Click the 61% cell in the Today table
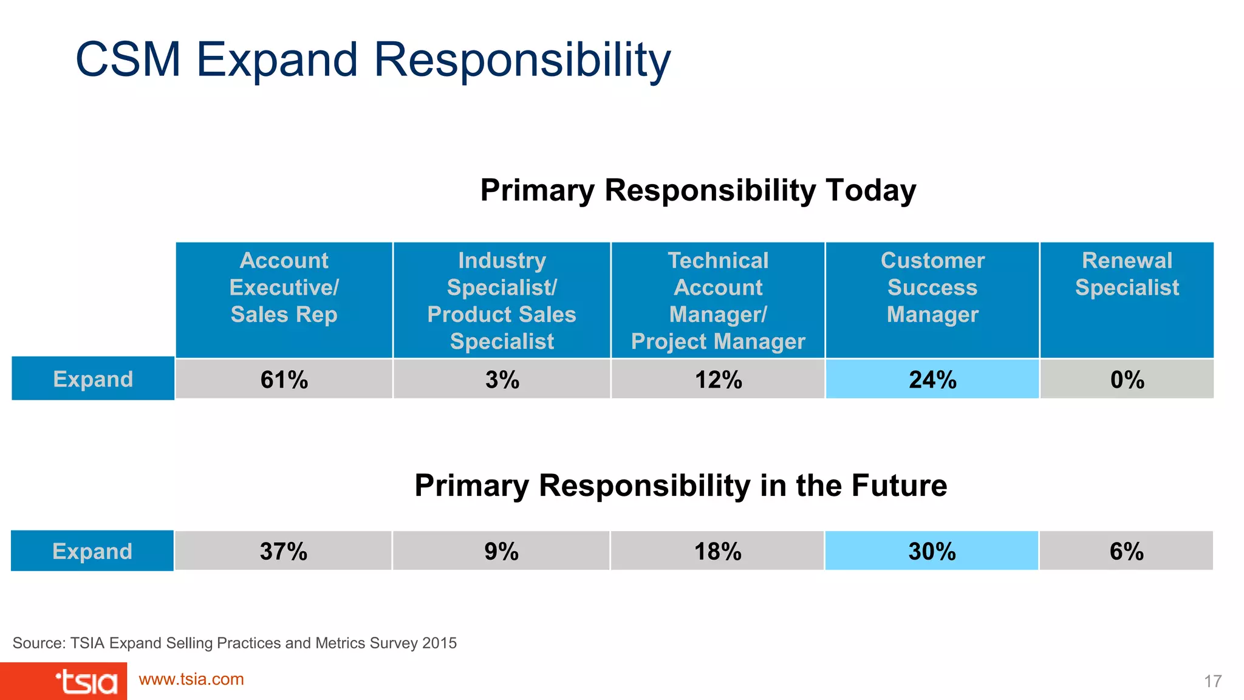(284, 379)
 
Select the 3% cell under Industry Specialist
(502, 379)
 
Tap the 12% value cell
(718, 379)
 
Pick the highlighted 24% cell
(932, 379)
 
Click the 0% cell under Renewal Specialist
(1127, 379)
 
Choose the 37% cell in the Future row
(283, 551)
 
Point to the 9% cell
(501, 551)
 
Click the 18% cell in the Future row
(717, 551)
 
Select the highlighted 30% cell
(932, 551)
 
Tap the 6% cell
(1126, 551)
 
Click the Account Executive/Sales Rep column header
(284, 288)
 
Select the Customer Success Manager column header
(932, 288)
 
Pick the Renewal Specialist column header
(1127, 275)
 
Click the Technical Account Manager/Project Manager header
(718, 301)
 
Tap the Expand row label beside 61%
(93, 379)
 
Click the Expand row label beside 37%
(92, 551)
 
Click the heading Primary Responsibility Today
(698, 190)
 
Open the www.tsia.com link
(191, 679)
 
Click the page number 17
(1212, 681)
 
